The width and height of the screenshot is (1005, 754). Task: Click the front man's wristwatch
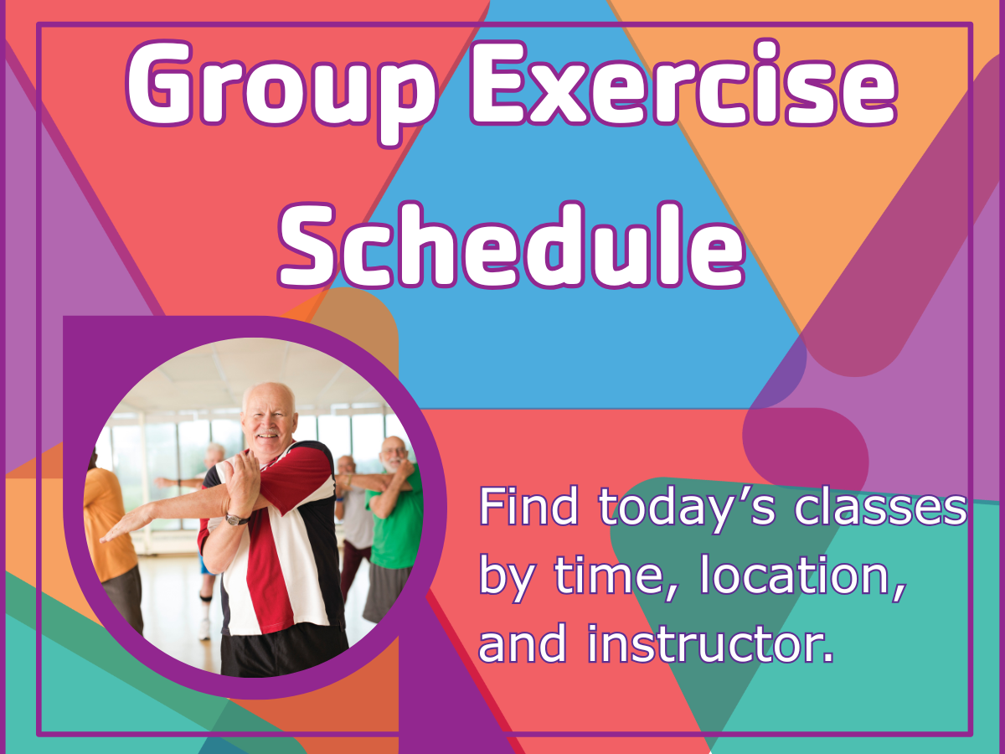[x=235, y=519]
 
